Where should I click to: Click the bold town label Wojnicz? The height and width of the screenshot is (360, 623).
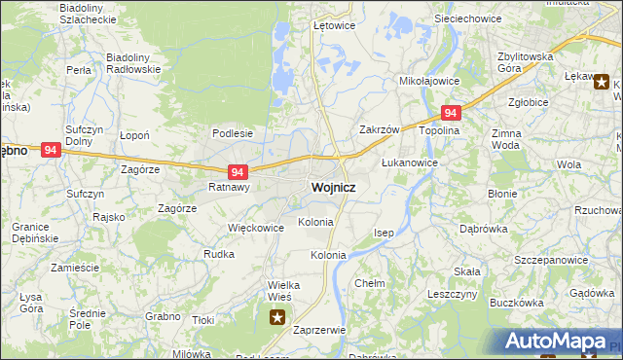pos(332,187)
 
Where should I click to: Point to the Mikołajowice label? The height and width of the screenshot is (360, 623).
pos(430,83)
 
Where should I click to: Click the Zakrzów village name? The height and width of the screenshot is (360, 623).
pos(380,129)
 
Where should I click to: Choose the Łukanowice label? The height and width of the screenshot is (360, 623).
pos(409,162)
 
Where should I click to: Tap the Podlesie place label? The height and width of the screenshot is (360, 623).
pos(233,133)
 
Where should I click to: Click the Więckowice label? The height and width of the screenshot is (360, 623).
pos(255,228)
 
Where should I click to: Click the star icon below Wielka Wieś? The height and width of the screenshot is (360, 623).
pos(278,315)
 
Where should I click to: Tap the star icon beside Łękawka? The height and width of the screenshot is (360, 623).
pos(602,83)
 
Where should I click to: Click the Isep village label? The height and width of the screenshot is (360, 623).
pos(385,234)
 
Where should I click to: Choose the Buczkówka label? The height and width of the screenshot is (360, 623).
pos(517,303)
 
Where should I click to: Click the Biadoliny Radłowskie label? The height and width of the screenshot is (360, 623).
pos(132,63)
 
